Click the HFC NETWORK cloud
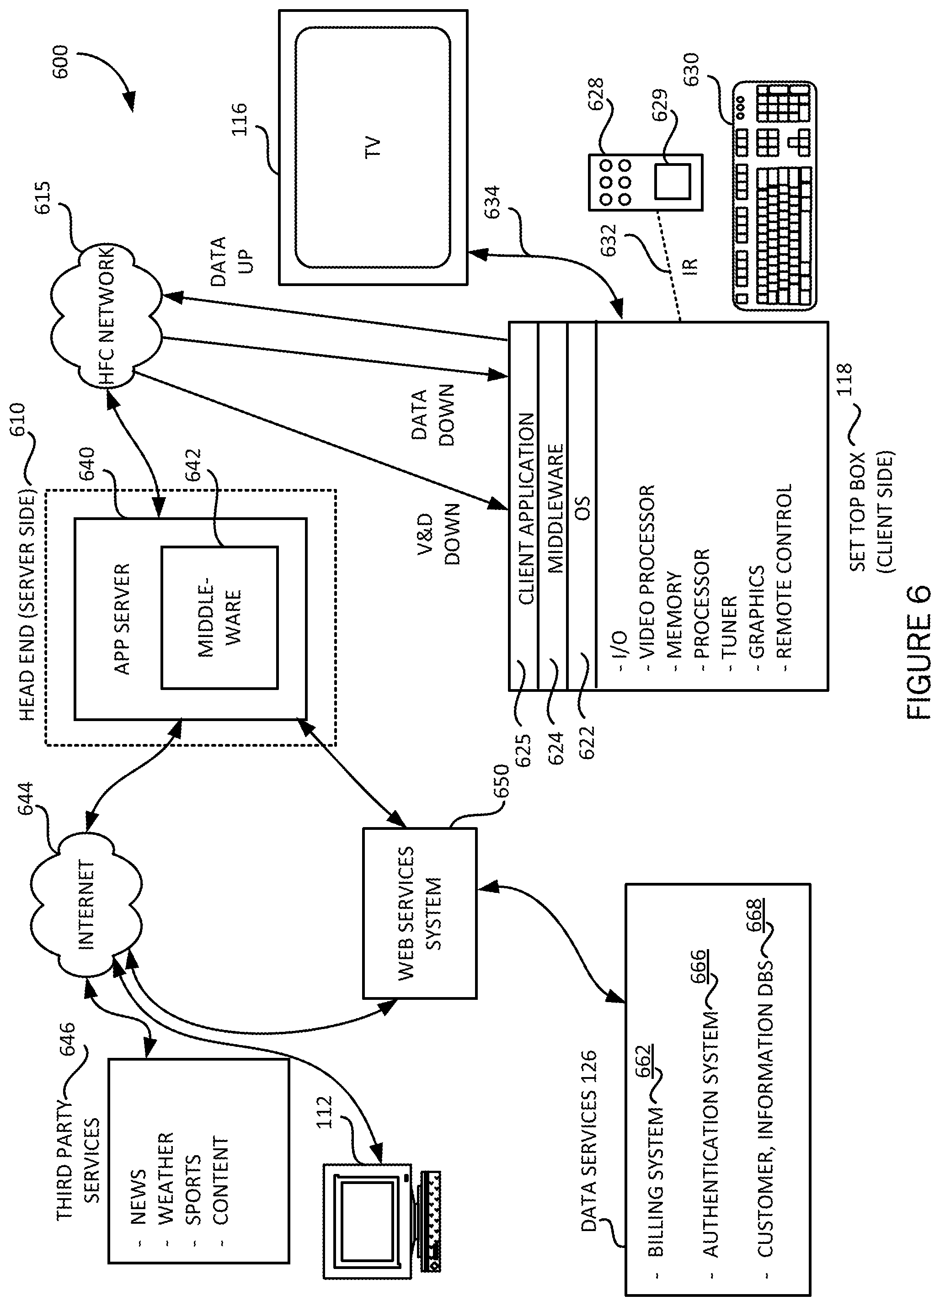(107, 314)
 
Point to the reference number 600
(60, 62)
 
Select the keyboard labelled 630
(774, 196)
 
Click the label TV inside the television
(373, 147)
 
